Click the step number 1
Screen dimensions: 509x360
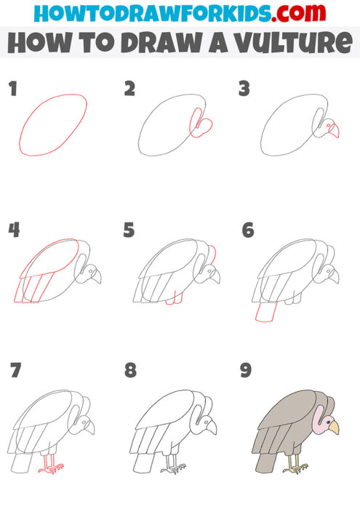click(13, 89)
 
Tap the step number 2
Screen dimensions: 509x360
click(130, 89)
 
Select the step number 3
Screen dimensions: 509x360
click(245, 89)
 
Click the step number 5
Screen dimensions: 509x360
click(130, 231)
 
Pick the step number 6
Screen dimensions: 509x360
click(247, 231)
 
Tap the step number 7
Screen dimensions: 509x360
click(15, 371)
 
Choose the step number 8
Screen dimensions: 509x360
click(130, 371)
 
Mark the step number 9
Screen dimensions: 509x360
click(246, 371)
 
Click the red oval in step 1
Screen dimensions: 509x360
click(55, 124)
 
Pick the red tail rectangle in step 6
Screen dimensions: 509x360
click(266, 312)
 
